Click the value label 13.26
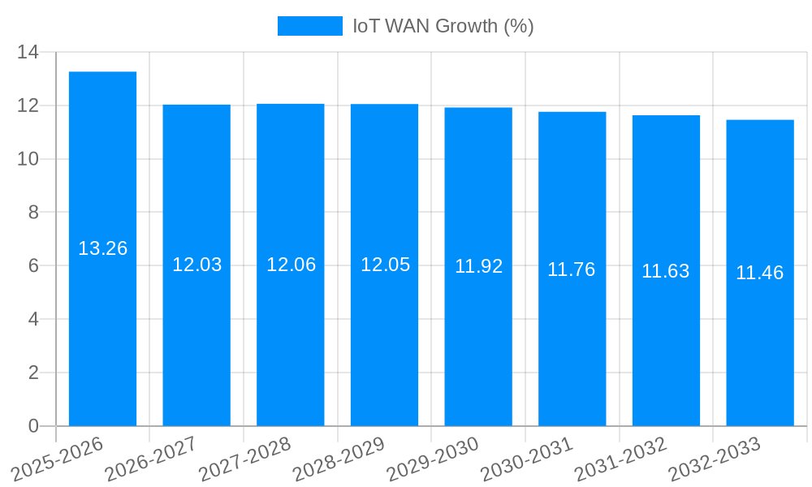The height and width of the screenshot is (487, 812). [x=102, y=248]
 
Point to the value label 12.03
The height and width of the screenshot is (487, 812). [x=197, y=265]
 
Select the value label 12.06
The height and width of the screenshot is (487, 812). [x=291, y=265]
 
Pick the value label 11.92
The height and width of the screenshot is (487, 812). [x=478, y=266]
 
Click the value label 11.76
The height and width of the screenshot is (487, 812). [x=572, y=269]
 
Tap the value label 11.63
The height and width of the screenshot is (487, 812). [x=666, y=271]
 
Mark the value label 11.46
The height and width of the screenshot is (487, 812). [x=760, y=273]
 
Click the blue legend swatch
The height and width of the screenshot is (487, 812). [x=310, y=26]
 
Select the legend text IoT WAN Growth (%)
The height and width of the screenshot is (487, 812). [x=443, y=26]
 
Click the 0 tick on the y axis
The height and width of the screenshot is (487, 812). [x=33, y=426]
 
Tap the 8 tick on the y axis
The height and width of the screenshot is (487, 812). [x=33, y=213]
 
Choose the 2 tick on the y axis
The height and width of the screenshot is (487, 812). [x=33, y=373]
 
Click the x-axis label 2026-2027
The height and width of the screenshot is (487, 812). [x=152, y=459]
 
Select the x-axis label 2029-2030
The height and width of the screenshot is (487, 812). [x=434, y=459]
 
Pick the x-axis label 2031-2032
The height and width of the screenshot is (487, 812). [x=621, y=459]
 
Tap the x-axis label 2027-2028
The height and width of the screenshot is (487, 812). [x=245, y=459]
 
